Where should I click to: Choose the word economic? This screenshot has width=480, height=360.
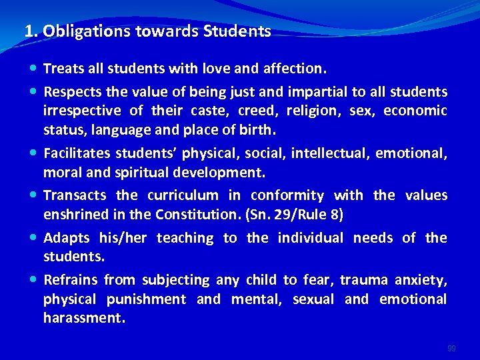pyautogui.click(x=415, y=110)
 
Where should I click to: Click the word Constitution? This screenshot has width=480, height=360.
pyautogui.click(x=189, y=214)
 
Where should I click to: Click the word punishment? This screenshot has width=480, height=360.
pyautogui.click(x=147, y=299)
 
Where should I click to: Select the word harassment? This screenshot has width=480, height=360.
pyautogui.click(x=84, y=318)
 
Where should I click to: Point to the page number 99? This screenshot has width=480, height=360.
pyautogui.click(x=452, y=348)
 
